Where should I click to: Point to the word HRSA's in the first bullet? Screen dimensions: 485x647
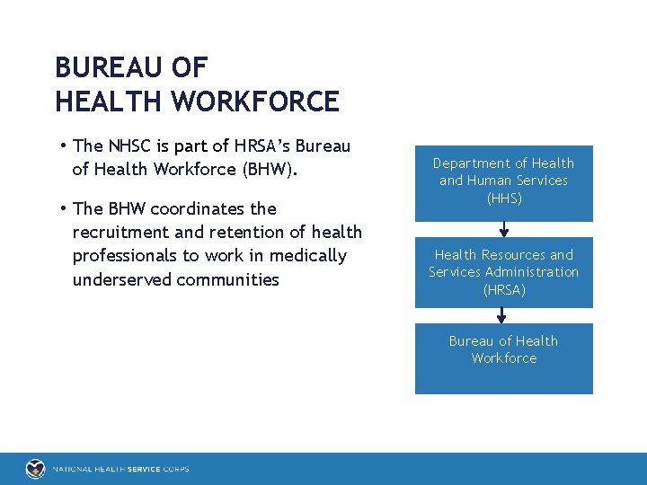[259, 145]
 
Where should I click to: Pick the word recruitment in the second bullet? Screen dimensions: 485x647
[120, 232]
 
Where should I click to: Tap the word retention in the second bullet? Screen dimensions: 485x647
[253, 232]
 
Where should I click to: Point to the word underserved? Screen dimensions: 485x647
[120, 279]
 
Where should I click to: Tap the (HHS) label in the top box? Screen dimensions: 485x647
[504, 198]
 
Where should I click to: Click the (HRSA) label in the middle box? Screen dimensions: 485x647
[504, 289]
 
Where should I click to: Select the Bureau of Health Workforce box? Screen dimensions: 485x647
[504, 358]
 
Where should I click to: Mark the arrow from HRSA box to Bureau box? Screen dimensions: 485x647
[501, 314]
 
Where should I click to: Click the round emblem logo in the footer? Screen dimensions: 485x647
[35, 469]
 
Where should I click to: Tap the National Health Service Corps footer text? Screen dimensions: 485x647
[120, 469]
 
